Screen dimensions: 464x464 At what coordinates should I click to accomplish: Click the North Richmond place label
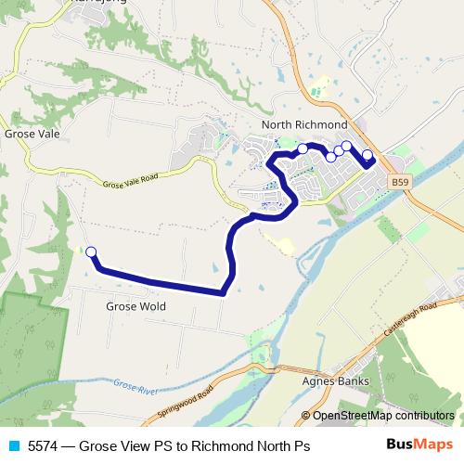tap(304, 124)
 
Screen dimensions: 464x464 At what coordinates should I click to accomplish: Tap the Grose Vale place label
tap(32, 134)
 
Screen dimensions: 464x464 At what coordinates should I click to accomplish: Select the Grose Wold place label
tap(135, 306)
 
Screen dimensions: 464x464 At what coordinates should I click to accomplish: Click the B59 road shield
tap(399, 183)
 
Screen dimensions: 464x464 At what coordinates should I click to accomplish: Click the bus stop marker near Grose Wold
tap(91, 252)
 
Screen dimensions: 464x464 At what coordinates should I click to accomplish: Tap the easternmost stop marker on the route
tap(367, 155)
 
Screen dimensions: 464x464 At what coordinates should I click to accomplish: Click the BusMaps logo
tap(414, 445)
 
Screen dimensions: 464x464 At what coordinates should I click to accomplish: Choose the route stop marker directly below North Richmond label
tap(303, 148)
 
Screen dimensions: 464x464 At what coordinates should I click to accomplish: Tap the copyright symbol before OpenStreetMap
tap(305, 416)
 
